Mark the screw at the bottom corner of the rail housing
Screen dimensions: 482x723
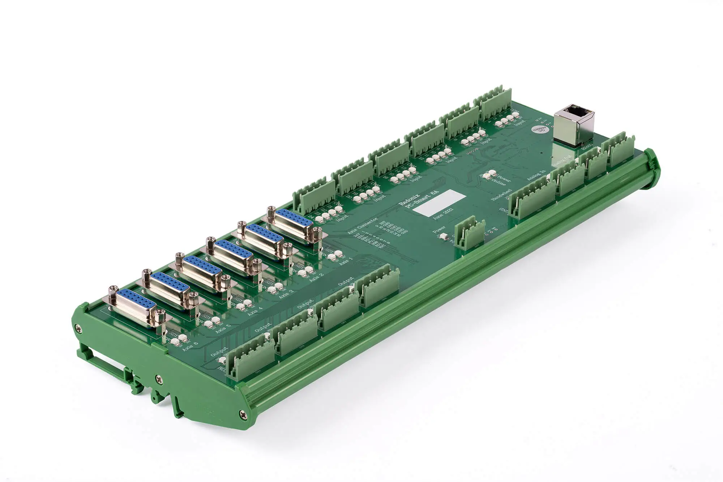pos(241,413)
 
